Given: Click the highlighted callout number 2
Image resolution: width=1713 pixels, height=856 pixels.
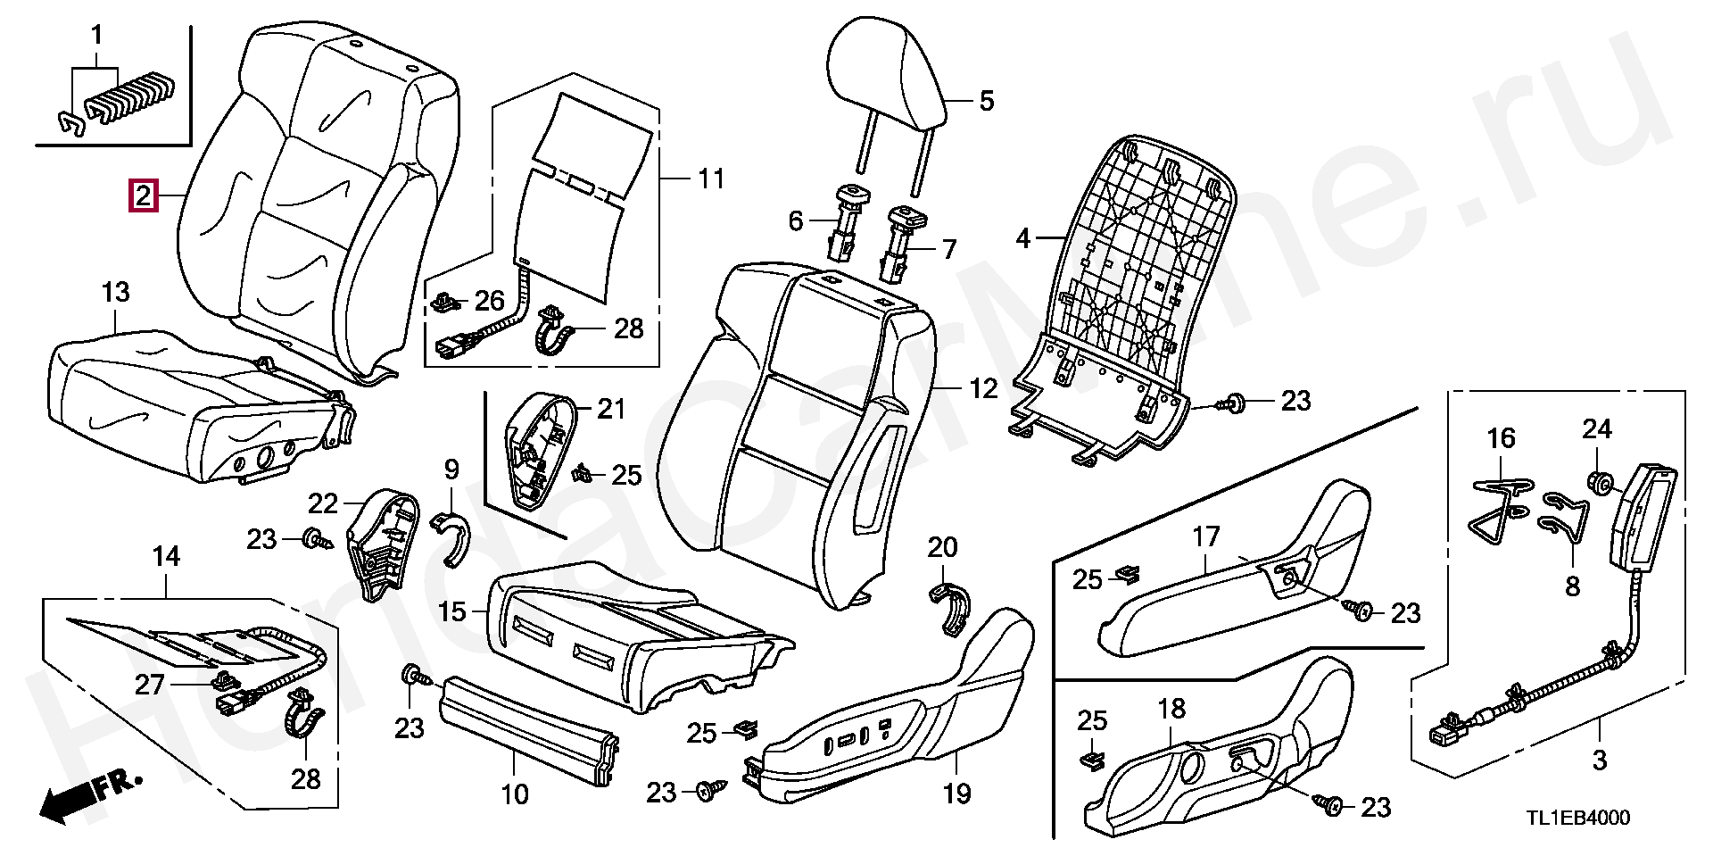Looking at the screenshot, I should (x=144, y=195).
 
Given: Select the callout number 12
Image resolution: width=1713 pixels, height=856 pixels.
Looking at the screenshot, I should (x=983, y=389).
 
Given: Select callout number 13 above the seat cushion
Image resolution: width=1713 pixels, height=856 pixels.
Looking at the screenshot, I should (x=116, y=291).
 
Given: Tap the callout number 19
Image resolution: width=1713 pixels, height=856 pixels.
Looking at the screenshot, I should (x=956, y=792).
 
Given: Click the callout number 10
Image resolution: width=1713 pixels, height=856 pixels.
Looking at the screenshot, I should (x=515, y=794).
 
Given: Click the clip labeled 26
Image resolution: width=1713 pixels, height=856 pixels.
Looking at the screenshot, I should (x=443, y=304).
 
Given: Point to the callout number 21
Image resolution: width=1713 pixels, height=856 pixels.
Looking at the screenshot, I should (x=611, y=410).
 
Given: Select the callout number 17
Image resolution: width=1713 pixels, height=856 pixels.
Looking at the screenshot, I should (x=1205, y=538).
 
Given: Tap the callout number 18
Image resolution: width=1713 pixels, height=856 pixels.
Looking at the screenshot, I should (x=1171, y=710).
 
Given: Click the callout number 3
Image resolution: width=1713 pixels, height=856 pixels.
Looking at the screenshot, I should (x=1599, y=760).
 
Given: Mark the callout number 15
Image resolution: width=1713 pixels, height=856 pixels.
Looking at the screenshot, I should (x=452, y=612).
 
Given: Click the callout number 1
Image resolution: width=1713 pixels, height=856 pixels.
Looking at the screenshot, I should (x=96, y=37).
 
